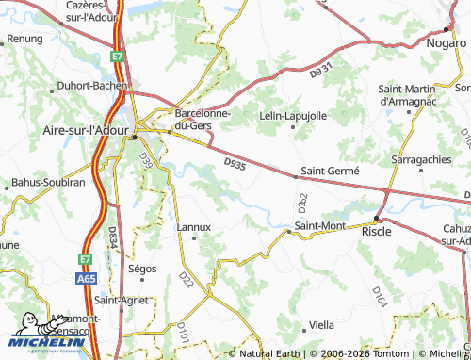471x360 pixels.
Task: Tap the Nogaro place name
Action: click(x=445, y=43)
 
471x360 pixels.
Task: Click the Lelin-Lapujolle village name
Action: click(x=293, y=115)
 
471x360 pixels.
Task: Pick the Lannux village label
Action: click(x=194, y=227)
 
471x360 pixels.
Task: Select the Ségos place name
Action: click(x=141, y=269)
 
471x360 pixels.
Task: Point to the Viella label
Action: click(x=321, y=324)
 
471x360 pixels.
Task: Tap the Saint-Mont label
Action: click(x=318, y=226)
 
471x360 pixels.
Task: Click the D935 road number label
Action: click(x=235, y=164)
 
